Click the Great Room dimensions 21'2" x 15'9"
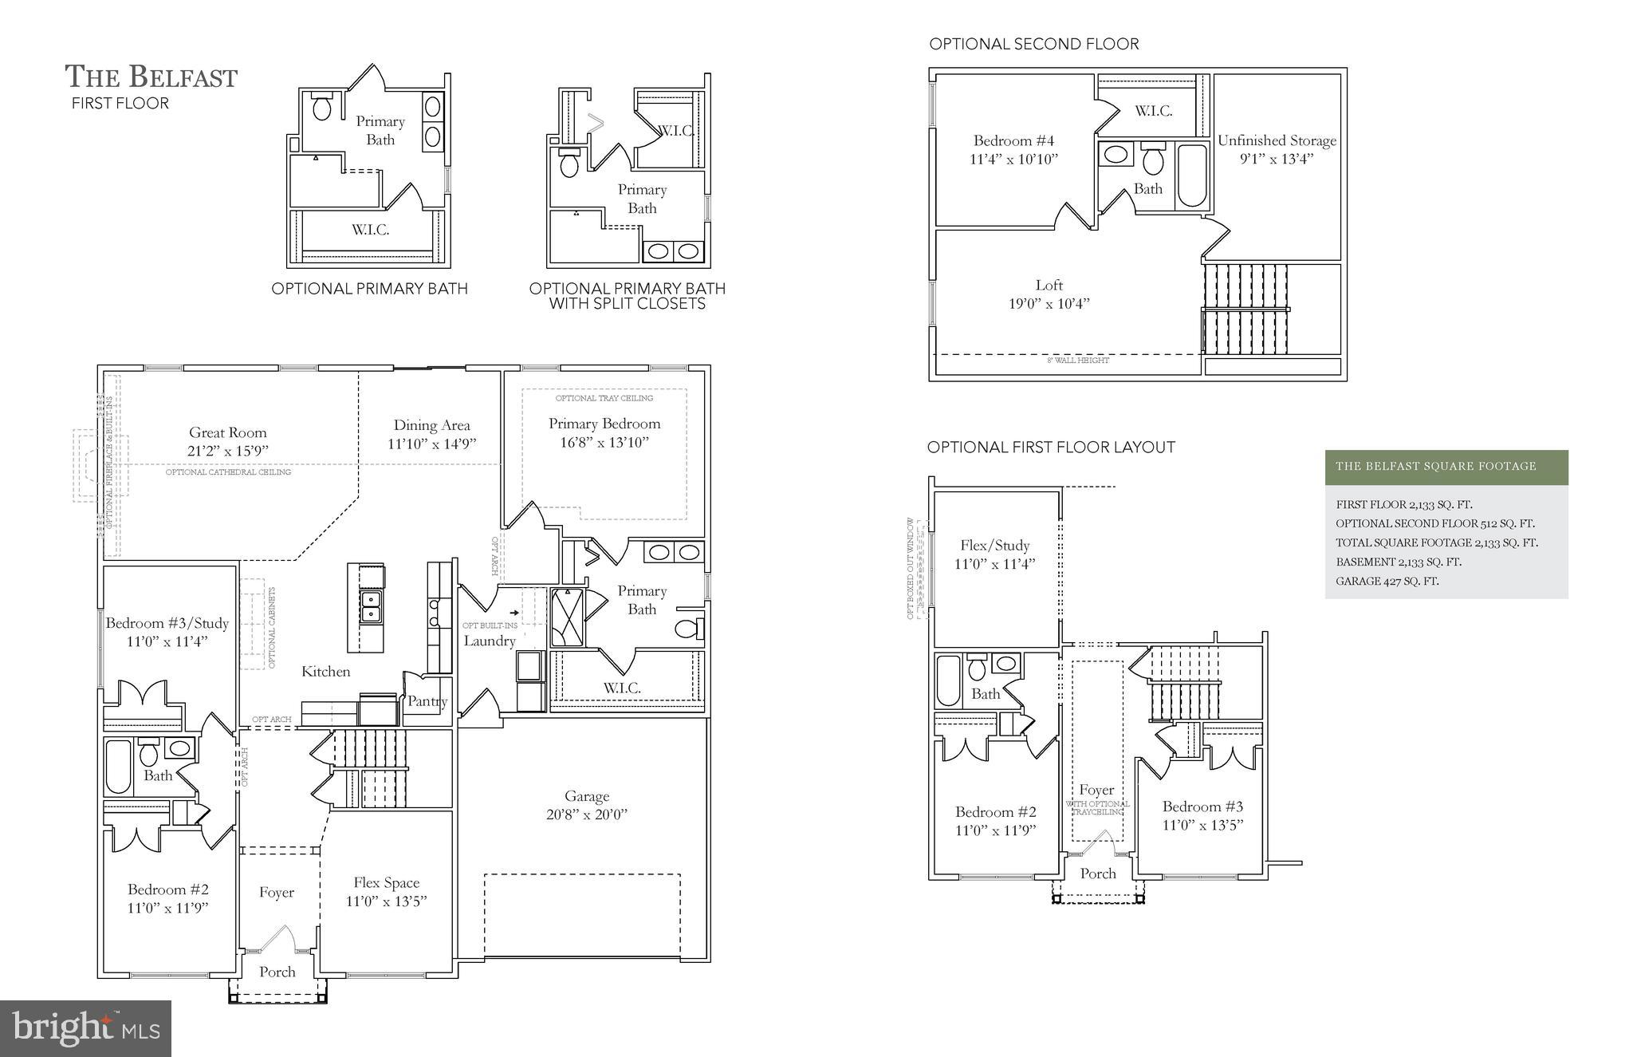(227, 451)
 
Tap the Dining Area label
(431, 425)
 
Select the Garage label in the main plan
(587, 796)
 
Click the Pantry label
(427, 701)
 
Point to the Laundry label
(490, 641)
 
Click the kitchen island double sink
(371, 607)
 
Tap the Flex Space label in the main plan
(386, 882)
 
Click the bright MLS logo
(85, 1028)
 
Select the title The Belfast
(151, 77)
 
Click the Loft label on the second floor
(1049, 285)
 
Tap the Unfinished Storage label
(1277, 140)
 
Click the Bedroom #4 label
(1013, 140)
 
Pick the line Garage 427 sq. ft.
(1387, 581)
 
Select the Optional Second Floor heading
(1033, 44)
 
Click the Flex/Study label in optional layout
(994, 545)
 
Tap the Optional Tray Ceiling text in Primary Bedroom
(604, 398)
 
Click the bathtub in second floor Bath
(1192, 176)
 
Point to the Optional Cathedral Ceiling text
(228, 472)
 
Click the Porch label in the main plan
(277, 972)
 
